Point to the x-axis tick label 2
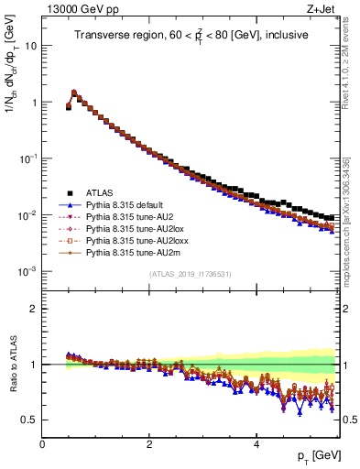coord(149,443)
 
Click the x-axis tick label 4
coord(256,443)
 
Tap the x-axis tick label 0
coord(42,443)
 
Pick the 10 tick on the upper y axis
coord(31,45)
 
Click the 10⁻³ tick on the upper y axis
coord(28,272)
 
